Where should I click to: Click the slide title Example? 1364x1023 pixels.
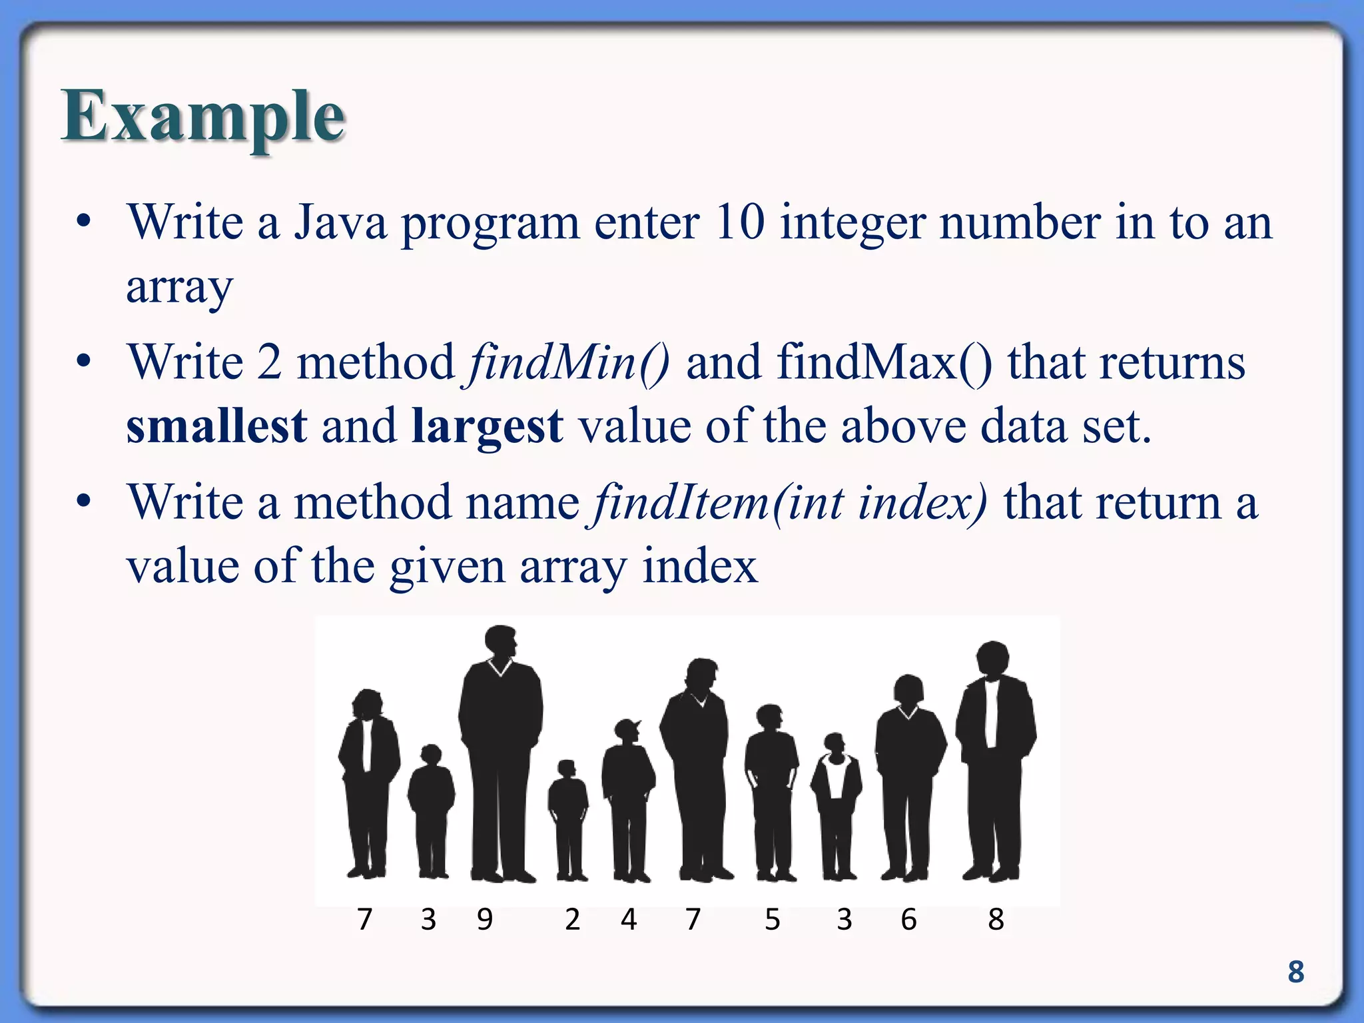[x=203, y=117]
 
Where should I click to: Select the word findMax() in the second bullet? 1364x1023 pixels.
[x=884, y=363]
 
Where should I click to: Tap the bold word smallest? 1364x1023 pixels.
[x=216, y=426]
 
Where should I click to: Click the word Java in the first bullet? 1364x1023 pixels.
[x=340, y=222]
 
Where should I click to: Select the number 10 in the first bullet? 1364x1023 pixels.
[x=739, y=222]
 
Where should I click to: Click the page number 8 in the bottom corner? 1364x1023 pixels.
[x=1295, y=972]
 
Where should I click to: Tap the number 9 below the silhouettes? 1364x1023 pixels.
[x=485, y=920]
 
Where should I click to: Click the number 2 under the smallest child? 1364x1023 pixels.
[x=572, y=920]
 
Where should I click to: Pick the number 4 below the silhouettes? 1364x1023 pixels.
[x=628, y=920]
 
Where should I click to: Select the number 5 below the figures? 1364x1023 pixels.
[x=772, y=920]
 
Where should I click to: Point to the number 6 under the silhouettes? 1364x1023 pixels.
[x=908, y=920]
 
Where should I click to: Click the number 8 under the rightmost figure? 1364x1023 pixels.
[x=996, y=920]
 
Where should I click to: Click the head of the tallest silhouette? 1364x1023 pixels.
[x=501, y=641]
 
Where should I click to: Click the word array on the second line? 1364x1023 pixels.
[x=180, y=288]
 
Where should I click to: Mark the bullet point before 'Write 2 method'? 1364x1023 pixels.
[x=83, y=363]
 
